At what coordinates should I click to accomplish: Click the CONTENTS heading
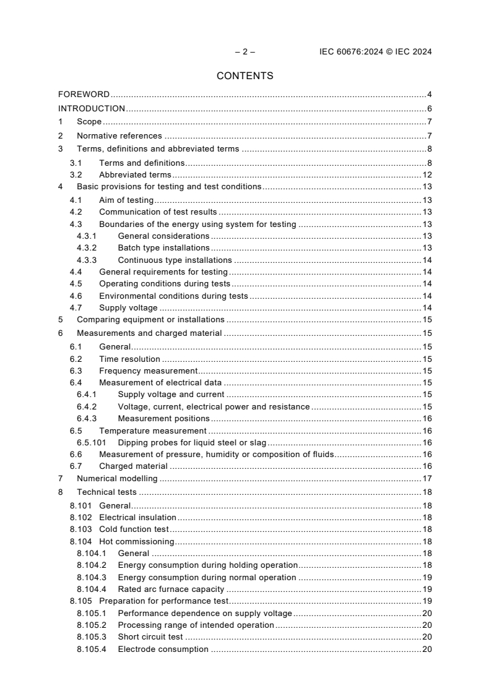245,76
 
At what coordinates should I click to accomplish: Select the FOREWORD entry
84,95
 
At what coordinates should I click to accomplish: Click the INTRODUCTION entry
91,109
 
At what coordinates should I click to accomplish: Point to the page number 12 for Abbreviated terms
427,175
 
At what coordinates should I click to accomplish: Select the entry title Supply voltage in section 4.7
128,308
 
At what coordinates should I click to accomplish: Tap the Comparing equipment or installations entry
150,320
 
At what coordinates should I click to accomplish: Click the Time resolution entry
129,359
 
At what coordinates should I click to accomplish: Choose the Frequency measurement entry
148,371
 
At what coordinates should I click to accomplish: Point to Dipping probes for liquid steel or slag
192,442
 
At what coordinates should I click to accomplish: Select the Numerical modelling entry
117,478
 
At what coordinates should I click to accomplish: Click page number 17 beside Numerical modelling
427,478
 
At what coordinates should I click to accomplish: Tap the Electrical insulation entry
137,517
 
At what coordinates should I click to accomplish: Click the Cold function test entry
134,529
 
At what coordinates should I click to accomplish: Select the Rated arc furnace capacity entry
171,589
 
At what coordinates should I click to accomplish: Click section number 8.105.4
92,649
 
